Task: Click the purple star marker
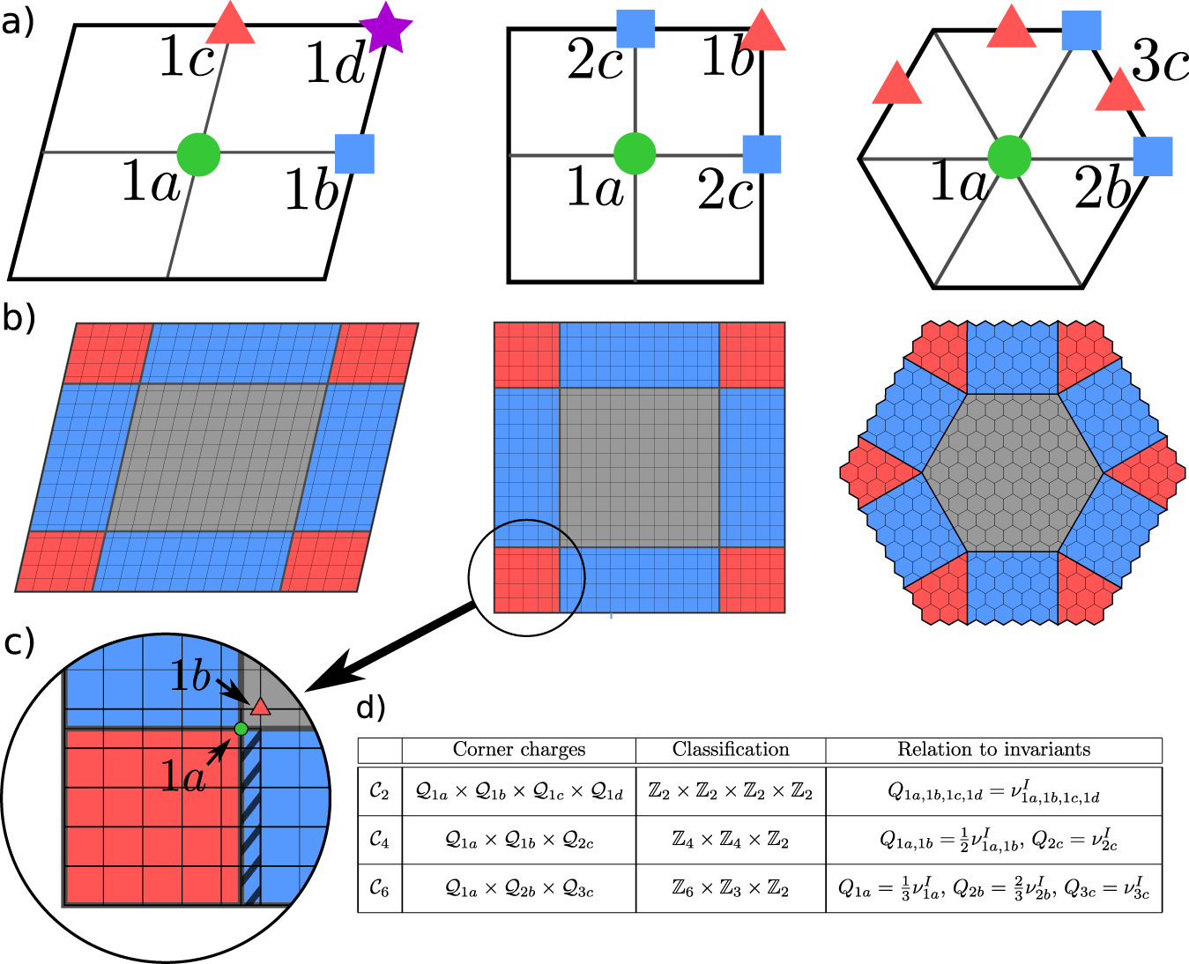384,26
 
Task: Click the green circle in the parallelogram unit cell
198,154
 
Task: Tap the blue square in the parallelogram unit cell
354,153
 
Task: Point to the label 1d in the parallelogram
335,63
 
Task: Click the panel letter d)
371,708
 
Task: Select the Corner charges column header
518,750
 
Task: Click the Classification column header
731,750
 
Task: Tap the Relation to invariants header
993,750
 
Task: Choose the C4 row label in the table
379,840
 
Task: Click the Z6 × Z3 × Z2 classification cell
731,889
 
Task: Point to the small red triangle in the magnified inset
259,707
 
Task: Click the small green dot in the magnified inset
241,729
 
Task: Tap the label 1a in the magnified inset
182,775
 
